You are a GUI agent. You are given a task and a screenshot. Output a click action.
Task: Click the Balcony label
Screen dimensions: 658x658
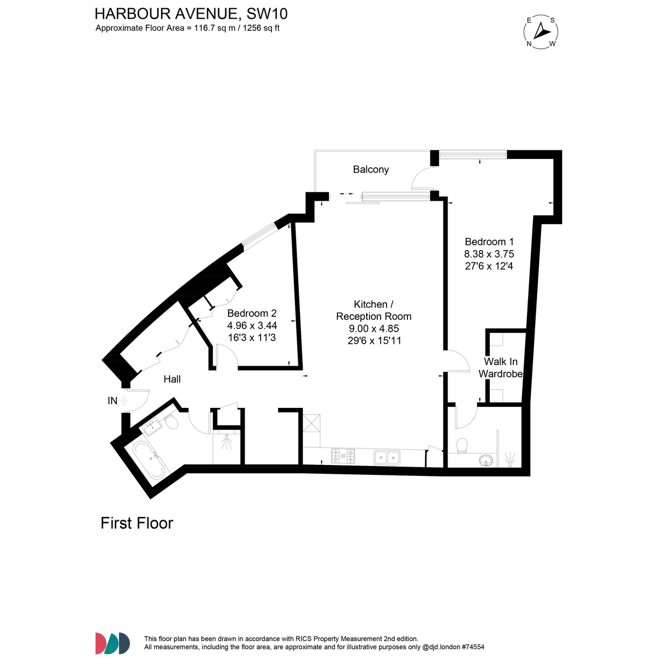[371, 169]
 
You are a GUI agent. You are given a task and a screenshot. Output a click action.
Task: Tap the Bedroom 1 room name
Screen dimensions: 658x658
[489, 242]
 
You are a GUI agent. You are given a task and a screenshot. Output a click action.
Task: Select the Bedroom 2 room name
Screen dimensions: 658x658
[252, 313]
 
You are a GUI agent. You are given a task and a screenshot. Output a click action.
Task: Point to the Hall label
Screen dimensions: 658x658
[172, 379]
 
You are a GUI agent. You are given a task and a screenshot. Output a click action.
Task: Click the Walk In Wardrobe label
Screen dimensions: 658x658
[500, 367]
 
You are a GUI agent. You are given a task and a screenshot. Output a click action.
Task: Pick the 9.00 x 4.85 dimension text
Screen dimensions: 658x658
[373, 328]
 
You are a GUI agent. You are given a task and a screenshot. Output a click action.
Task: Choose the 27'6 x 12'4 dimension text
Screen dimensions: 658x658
[489, 266]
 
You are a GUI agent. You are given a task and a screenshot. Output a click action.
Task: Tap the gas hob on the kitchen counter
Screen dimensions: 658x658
[343, 456]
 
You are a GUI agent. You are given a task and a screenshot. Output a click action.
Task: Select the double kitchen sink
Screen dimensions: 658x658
[387, 457]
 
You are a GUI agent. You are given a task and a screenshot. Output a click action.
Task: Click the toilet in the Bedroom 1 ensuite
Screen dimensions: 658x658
[462, 446]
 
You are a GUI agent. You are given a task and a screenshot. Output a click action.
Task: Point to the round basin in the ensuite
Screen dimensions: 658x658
[486, 460]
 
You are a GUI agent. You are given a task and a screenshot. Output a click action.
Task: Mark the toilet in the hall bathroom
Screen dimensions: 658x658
[171, 422]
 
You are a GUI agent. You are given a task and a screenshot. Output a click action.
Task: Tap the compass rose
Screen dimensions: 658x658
[541, 32]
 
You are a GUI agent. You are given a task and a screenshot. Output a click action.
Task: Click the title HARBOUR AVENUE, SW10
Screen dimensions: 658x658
[191, 14]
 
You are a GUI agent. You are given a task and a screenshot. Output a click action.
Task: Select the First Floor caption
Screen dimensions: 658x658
[137, 523]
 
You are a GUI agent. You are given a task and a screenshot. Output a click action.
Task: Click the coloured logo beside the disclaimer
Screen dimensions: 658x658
[113, 644]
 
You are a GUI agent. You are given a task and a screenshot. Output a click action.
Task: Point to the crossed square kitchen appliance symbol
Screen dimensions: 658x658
[311, 423]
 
